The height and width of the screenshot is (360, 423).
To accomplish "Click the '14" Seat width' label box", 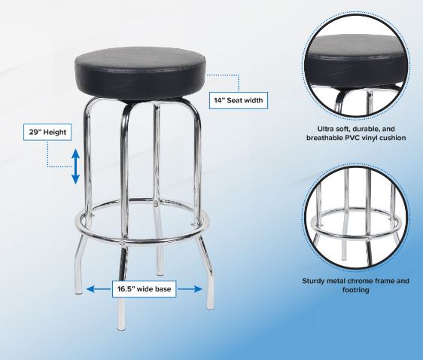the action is pos(239,100).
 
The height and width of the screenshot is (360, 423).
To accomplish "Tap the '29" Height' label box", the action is pos(47,133).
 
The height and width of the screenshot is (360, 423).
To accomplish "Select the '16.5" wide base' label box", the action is pos(144,289).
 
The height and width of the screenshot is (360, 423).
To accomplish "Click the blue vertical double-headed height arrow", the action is pos(75,166).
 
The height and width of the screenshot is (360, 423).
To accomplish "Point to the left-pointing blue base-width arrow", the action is pos(99,289).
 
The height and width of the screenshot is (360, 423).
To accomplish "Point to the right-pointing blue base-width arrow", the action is pos(190,289).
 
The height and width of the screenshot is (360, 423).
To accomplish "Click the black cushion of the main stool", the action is pos(140,73).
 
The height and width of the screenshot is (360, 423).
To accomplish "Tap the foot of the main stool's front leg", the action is pos(121,327).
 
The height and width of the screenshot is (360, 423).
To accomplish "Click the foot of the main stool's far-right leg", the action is pos(210,306).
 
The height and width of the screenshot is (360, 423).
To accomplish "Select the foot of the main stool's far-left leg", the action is pos(78,290).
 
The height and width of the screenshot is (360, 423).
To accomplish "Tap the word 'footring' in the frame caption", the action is pos(355,290).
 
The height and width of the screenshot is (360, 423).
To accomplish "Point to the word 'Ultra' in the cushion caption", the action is pos(325,129).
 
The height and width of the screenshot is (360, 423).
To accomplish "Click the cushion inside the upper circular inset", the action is pos(356,61).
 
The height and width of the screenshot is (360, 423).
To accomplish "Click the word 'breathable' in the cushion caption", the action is pos(321,138).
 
